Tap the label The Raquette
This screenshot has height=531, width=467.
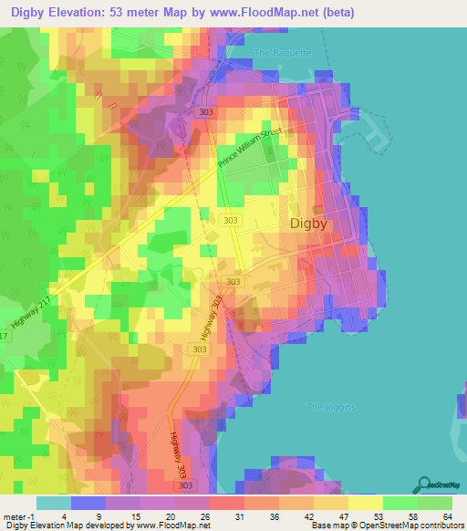[x=284, y=52]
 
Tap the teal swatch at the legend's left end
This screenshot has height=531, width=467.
[x=54, y=503]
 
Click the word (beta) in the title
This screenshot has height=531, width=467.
[x=334, y=13]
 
